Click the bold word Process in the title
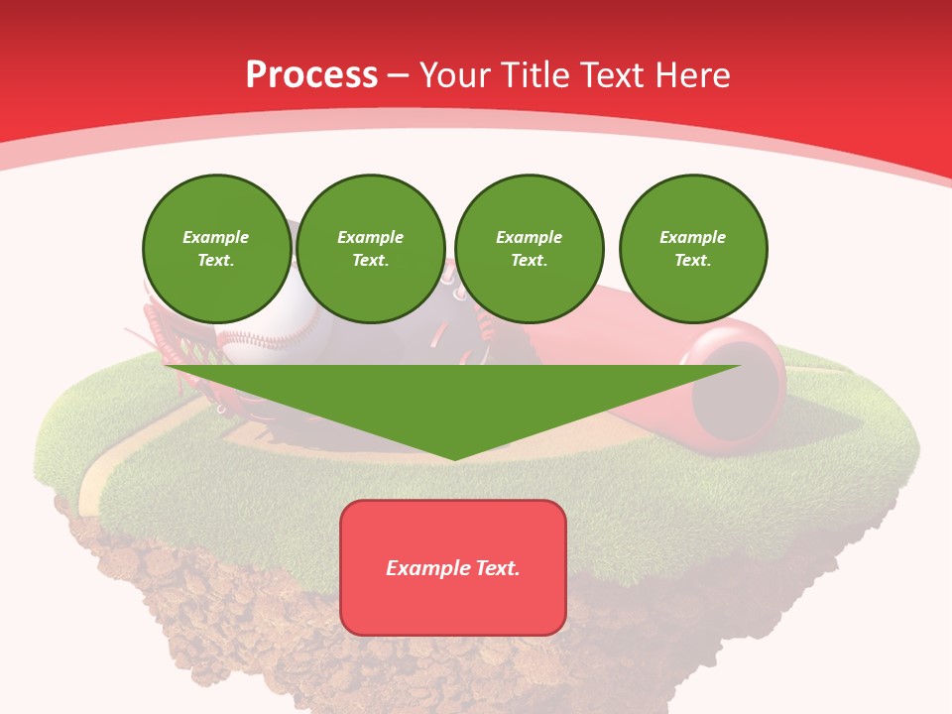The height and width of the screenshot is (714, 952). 311,75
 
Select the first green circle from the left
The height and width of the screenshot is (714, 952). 216,249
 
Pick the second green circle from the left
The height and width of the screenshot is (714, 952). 371,249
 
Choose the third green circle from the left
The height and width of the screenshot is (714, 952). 530,249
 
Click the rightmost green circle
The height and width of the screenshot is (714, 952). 693,249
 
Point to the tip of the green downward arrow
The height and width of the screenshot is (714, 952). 454,458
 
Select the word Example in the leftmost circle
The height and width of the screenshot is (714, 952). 216,237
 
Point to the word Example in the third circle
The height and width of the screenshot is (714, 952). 530,237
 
